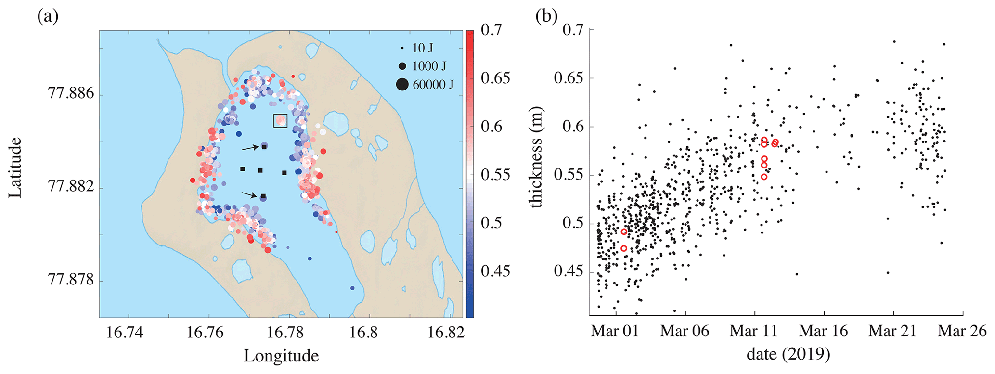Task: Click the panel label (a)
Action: click(48, 17)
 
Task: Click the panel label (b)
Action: click(546, 17)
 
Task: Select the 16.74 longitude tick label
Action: click(125, 333)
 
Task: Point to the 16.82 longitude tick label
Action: click(446, 333)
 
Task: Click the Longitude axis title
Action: click(281, 356)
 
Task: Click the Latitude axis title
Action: click(15, 168)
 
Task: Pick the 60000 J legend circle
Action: click(402, 85)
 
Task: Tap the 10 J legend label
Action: click(423, 48)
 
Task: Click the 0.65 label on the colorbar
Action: click(495, 78)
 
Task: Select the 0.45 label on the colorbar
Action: click(495, 271)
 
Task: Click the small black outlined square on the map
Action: click(280, 121)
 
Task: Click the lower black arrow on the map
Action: click(249, 194)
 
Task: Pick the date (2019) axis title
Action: click(788, 355)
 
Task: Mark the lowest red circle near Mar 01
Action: click(624, 248)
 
